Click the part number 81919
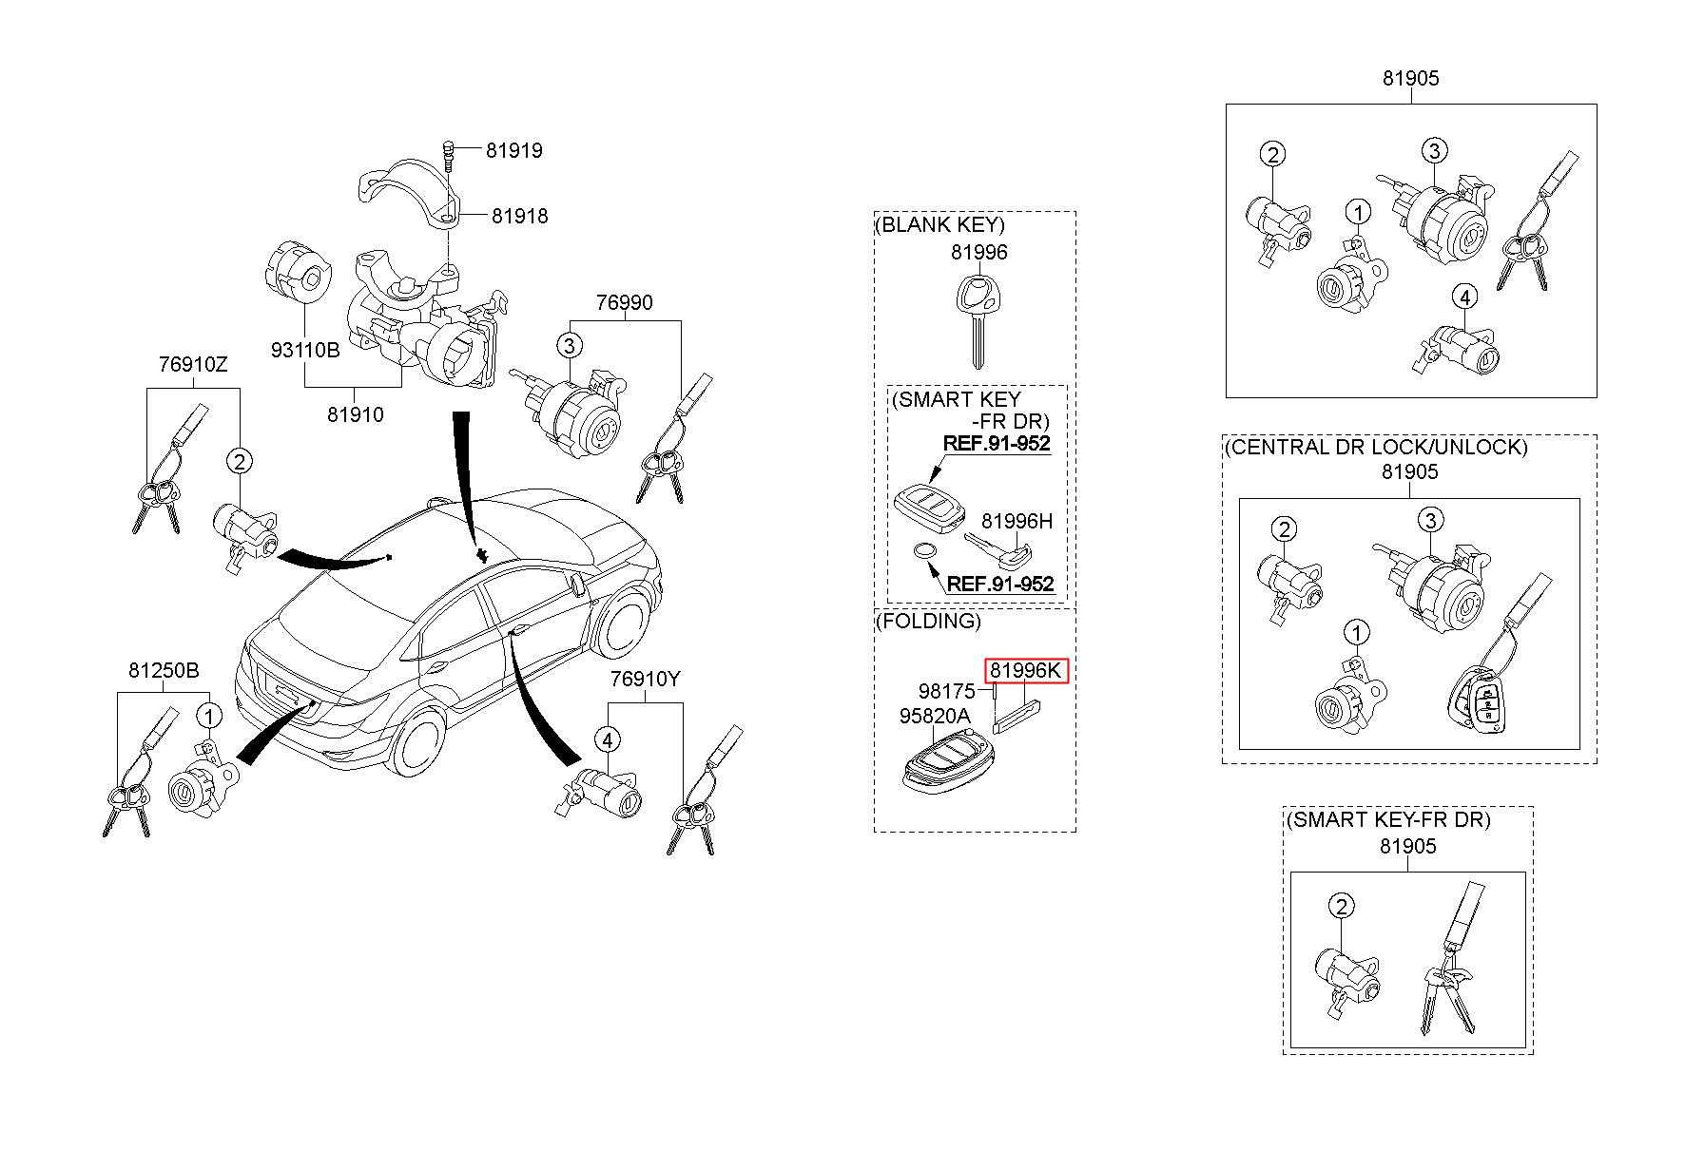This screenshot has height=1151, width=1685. point(513,150)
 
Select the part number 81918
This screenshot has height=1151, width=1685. point(519,216)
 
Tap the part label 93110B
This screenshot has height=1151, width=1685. point(304,350)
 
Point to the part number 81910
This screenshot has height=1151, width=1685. point(356,414)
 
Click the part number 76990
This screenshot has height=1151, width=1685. point(624,302)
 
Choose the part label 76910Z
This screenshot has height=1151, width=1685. point(193,364)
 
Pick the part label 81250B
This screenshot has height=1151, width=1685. point(164,671)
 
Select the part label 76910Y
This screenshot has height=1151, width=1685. point(646,679)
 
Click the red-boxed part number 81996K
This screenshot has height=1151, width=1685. point(1026,671)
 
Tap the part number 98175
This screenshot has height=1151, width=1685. point(946,691)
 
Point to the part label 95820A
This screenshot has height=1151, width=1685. point(935,716)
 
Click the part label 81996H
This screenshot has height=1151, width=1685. point(1017,521)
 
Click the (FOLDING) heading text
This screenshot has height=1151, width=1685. point(928,621)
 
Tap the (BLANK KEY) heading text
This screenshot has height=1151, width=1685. point(939,224)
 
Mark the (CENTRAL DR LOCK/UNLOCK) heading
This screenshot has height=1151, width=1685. point(1376,446)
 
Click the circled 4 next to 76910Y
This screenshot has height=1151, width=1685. point(608,739)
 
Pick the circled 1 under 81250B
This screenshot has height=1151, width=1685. point(208,715)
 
